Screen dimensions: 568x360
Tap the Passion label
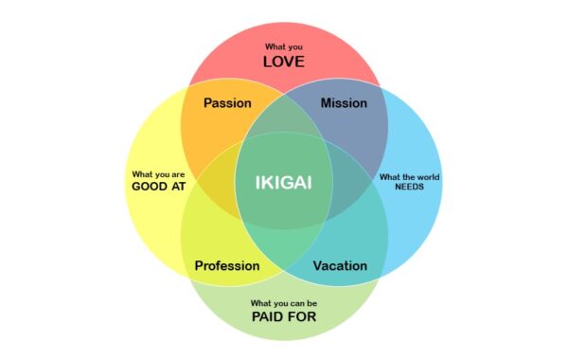point(227,102)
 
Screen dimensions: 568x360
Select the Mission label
point(344,102)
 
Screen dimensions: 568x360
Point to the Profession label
point(227,265)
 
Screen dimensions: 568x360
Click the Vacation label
point(340,265)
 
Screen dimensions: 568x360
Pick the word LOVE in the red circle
point(284,63)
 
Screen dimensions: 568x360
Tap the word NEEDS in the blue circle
point(409,187)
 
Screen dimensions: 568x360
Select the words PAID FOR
point(284,316)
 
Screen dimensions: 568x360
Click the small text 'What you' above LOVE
point(284,46)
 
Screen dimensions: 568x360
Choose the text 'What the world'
point(409,175)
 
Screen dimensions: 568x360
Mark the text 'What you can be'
point(284,302)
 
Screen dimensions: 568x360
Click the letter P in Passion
point(208,102)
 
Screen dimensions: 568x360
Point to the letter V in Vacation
point(317,265)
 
